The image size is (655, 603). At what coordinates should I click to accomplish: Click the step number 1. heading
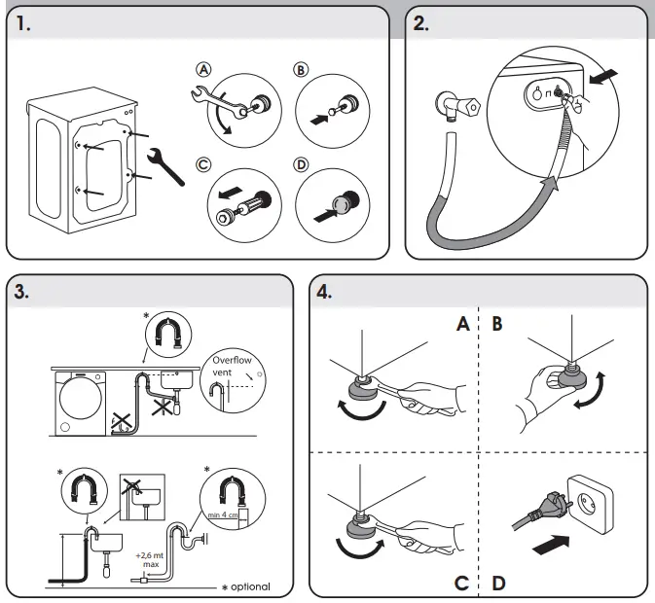click(23, 23)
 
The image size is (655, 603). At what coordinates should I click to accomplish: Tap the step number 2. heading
click(421, 23)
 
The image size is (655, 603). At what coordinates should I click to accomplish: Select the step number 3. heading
click(21, 291)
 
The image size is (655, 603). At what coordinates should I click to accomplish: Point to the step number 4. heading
click(324, 291)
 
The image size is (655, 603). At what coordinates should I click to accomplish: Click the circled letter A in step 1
click(203, 69)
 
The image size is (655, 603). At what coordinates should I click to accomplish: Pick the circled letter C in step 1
click(203, 164)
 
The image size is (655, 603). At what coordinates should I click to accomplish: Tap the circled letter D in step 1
click(301, 164)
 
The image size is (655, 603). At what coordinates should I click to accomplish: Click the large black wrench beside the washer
click(165, 166)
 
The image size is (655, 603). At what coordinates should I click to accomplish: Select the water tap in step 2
click(457, 106)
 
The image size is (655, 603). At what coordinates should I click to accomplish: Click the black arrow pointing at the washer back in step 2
click(603, 77)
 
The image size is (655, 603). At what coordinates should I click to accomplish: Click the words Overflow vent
click(232, 366)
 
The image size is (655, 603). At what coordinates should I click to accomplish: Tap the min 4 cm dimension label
click(223, 514)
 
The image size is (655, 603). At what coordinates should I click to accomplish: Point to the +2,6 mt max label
click(150, 559)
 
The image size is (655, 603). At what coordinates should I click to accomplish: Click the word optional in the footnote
click(250, 586)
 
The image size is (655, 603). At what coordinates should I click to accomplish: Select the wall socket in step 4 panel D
click(590, 504)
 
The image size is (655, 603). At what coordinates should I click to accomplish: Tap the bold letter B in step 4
click(497, 324)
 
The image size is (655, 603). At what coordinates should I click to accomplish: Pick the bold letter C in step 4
click(461, 583)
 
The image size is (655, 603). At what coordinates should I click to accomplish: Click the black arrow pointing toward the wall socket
click(551, 545)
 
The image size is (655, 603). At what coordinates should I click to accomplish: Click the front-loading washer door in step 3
click(81, 398)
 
